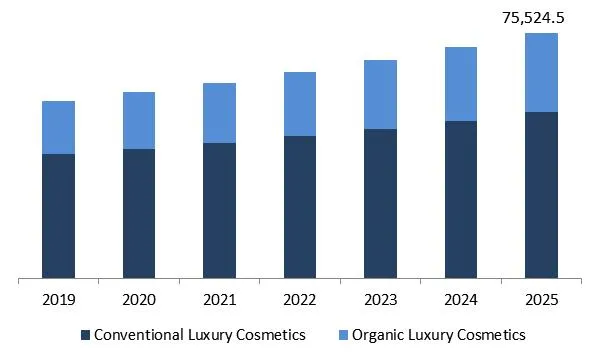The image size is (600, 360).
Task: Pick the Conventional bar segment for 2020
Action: point(139,213)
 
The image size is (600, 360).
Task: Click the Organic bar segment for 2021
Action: point(219,113)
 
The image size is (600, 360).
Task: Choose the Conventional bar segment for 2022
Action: point(300,206)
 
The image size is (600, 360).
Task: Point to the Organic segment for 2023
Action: point(380,94)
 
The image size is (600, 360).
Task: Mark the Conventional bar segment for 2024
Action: point(461,199)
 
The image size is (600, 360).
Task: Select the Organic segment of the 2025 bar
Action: point(541,72)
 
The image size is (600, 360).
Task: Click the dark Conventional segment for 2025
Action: point(541,194)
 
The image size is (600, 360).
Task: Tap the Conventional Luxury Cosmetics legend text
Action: point(199,334)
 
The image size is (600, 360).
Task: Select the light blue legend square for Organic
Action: point(340,334)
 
